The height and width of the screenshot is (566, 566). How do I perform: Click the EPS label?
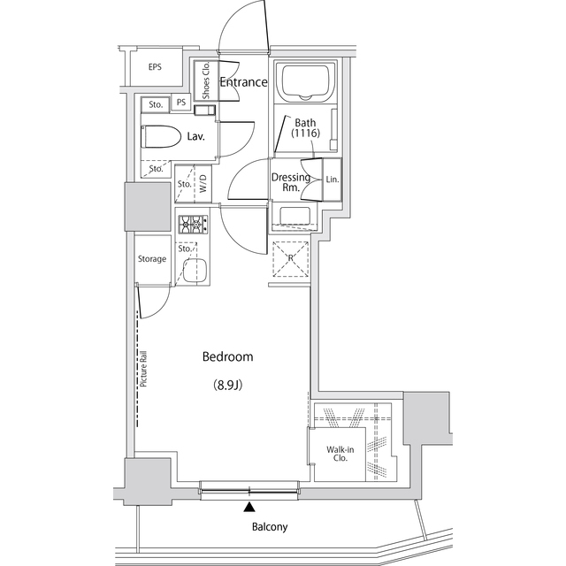pyautogui.click(x=155, y=67)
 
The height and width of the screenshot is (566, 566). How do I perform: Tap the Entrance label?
pyautogui.click(x=243, y=82)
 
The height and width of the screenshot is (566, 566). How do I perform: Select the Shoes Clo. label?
pyautogui.click(x=205, y=80)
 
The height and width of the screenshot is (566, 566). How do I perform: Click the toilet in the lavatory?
pyautogui.click(x=159, y=137)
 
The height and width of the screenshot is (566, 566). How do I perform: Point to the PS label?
pyautogui.click(x=181, y=103)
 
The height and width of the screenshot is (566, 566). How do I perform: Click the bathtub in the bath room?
pyautogui.click(x=303, y=84)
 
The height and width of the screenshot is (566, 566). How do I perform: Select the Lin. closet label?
pyautogui.click(x=332, y=180)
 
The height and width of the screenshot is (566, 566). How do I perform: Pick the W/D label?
pyautogui.click(x=203, y=185)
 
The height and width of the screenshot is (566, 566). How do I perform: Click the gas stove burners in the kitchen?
pyautogui.click(x=192, y=226)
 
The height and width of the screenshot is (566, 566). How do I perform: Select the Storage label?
pyautogui.click(x=151, y=259)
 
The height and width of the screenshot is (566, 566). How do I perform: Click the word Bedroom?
pyautogui.click(x=227, y=357)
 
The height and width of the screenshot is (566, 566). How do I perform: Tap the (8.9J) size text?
pyautogui.click(x=227, y=385)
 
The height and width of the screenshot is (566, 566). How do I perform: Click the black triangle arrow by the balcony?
pyautogui.click(x=250, y=508)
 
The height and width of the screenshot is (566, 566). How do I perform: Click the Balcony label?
pyautogui.click(x=269, y=527)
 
